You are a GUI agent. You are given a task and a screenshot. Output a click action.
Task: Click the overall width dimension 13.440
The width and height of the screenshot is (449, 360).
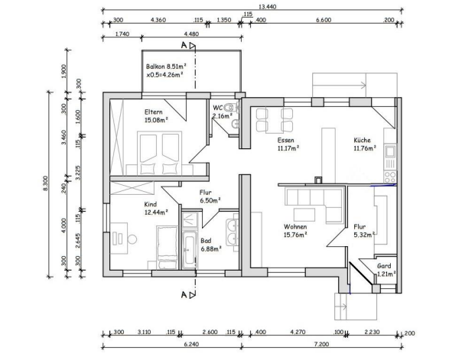coord(268,7)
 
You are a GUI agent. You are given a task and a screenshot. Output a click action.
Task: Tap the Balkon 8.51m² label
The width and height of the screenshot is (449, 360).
coord(166,66)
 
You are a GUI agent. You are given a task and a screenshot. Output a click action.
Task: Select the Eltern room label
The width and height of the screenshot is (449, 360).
coord(154,112)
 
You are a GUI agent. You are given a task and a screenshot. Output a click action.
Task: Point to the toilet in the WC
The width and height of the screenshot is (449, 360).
coord(230,108)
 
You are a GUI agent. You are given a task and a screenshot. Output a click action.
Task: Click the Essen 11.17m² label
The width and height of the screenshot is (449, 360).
coord(288,144)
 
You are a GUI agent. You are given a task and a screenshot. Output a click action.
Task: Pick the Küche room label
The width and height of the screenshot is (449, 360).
coord(363,140)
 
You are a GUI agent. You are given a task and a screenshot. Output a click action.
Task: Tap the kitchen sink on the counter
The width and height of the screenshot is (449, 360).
coord(390,151)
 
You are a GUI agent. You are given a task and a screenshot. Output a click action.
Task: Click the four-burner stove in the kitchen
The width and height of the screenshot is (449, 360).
coord(390,177)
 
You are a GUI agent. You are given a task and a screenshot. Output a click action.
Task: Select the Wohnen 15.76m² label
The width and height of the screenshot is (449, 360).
coord(295,231)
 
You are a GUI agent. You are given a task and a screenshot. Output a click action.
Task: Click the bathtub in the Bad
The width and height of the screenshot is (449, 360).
coord(190,250)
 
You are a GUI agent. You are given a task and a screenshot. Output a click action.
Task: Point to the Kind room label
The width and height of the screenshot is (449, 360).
coord(151,204)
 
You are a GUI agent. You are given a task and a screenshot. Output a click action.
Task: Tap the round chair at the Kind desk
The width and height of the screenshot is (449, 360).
coord(132,239)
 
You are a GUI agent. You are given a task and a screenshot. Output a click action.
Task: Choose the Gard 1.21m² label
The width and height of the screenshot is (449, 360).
coord(386,270)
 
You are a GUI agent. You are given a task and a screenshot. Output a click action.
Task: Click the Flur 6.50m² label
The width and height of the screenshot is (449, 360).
coord(210,196)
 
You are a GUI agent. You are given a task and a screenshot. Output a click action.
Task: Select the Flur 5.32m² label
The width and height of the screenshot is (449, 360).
coord(364,231)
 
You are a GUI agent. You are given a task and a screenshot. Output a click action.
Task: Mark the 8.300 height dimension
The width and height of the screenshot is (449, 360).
coord(46,183)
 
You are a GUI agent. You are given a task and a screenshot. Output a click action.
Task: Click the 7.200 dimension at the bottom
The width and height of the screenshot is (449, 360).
coord(321,344)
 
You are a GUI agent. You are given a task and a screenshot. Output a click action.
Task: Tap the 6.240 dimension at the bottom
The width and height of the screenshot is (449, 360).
coord(191,344)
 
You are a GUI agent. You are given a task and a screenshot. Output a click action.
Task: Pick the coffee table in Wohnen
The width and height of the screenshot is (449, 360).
coord(304,215)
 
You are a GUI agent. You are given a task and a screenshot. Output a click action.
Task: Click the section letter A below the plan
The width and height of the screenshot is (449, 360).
coord(184,295)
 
